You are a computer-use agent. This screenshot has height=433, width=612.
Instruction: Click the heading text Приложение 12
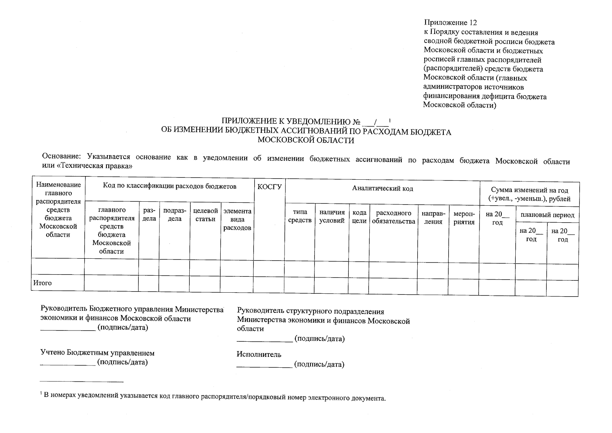coord(450,23)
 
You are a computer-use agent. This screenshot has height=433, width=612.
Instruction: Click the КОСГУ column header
coord(269,187)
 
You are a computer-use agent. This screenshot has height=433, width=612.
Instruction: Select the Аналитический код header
coord(382,188)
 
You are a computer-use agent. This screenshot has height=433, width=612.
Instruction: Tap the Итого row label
coord(43,283)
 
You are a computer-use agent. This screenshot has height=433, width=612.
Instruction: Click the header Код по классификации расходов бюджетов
coord(169,186)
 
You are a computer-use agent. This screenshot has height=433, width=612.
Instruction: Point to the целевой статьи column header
coord(205,215)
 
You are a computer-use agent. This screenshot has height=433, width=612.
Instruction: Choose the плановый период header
coord(547,215)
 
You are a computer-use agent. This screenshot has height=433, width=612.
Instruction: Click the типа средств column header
coord(300,216)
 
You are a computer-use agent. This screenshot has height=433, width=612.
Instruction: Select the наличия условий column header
coord(332,216)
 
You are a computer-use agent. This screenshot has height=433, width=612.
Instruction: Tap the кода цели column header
coord(359,217)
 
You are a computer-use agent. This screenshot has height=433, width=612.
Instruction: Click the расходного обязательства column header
coord(393,217)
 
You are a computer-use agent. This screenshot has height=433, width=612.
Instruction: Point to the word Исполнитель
coord(259,354)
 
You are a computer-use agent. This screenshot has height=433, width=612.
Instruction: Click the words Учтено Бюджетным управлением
coord(97,353)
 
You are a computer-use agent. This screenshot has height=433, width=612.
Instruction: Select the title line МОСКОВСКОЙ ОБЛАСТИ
coord(306,141)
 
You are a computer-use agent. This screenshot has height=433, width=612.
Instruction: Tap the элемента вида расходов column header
coord(237,219)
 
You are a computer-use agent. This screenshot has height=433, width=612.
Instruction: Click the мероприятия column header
coord(464,218)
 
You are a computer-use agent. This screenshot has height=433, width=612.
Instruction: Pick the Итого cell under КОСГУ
coord(269,283)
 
